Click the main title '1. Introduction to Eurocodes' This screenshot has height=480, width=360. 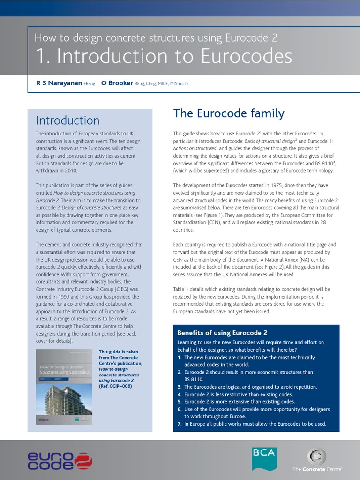coord(164,56)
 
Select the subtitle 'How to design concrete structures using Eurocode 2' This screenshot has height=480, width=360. coord(159,38)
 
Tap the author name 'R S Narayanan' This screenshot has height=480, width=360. coord(59,83)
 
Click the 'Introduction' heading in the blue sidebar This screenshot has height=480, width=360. coord(67,120)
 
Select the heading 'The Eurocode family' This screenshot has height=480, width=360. coord(229,113)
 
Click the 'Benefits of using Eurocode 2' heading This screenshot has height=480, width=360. coord(222,333)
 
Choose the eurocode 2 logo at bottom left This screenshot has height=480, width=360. coord(60,460)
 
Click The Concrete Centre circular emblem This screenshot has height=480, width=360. coord(317,457)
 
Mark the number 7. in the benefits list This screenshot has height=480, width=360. coord(180,424)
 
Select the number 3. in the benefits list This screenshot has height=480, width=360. coord(180,387)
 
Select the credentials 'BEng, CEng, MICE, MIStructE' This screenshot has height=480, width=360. coord(161,83)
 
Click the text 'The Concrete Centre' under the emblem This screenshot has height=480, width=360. coord(317,469)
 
